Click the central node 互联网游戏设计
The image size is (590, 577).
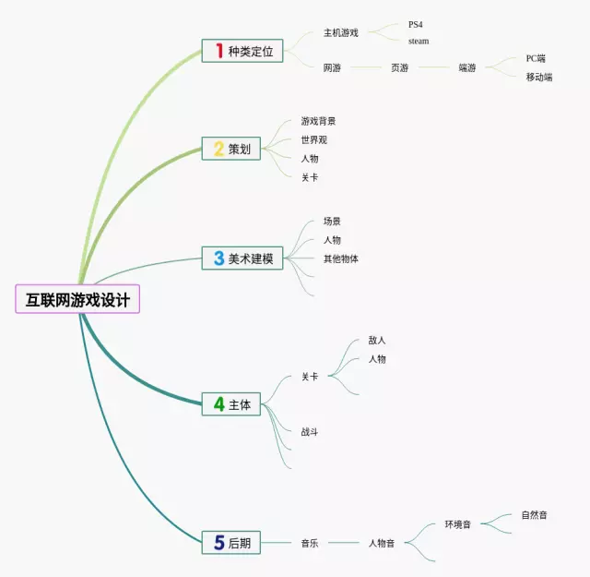tap(77, 299)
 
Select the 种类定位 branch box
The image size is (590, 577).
tap(242, 51)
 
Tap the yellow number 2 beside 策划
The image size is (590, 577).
tap(219, 148)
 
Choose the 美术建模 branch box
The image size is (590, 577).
tap(242, 258)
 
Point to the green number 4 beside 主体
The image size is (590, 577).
tap(219, 403)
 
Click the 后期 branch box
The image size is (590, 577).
tap(231, 543)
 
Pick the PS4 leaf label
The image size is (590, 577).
tap(415, 25)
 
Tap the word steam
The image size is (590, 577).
tap(419, 41)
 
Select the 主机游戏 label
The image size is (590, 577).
tap(340, 33)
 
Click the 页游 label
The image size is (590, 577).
tap(399, 67)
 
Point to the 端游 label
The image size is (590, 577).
tap(467, 67)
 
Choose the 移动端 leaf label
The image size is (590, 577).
tap(539, 77)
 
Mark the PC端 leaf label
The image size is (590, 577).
tap(536, 58)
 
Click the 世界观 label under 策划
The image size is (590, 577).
tap(313, 140)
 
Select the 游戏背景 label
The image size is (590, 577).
tap(318, 121)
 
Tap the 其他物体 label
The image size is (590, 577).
tap(340, 258)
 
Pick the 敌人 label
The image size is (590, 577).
tap(377, 340)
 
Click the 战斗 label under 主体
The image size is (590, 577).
tap(310, 431)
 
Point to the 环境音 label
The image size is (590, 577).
tap(457, 524)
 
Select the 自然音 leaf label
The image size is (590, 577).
tap(534, 514)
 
